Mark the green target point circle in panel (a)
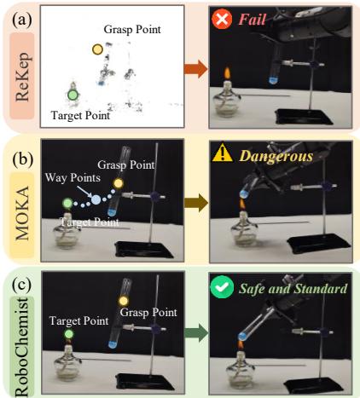point(73,93)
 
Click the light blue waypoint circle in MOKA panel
point(96,199)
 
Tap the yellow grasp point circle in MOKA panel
point(119,183)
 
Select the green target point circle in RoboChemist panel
point(69,337)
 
